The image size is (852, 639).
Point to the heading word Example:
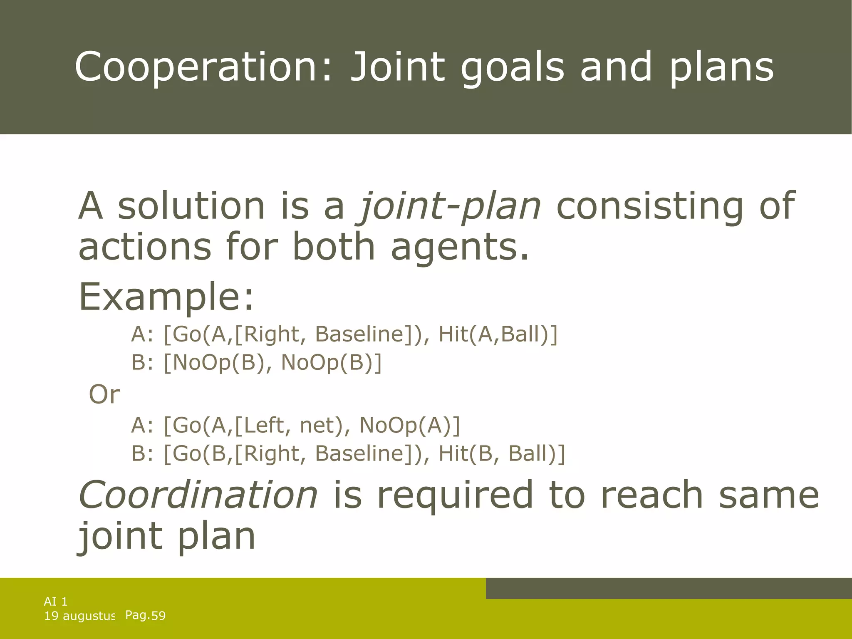coord(166,297)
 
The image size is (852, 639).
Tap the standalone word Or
coord(104,394)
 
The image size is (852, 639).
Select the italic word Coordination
coord(198,495)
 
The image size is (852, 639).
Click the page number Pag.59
coord(145,615)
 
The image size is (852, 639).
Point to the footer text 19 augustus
coord(79,616)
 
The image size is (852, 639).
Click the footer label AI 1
coord(56,601)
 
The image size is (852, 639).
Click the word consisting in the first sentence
coord(649,206)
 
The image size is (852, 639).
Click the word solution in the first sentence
coord(191,206)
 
